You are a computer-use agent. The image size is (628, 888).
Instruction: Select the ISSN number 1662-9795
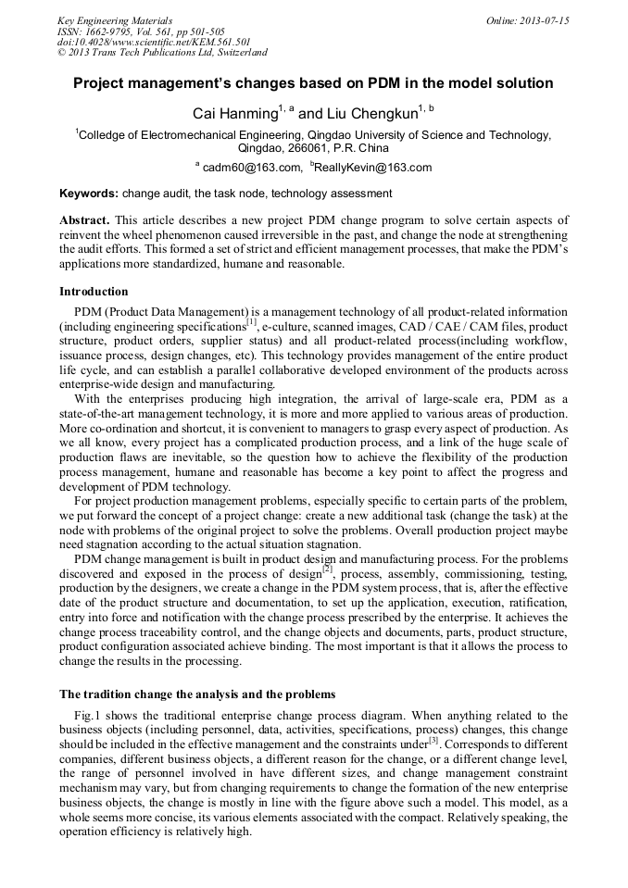(108, 31)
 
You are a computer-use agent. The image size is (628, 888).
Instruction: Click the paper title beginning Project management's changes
(313, 83)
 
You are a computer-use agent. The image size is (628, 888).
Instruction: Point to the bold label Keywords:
(89, 194)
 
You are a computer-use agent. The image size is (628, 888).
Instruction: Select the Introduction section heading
(94, 291)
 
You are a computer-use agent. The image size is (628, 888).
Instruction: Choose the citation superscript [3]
(433, 738)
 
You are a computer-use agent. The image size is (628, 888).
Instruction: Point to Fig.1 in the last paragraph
(86, 716)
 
